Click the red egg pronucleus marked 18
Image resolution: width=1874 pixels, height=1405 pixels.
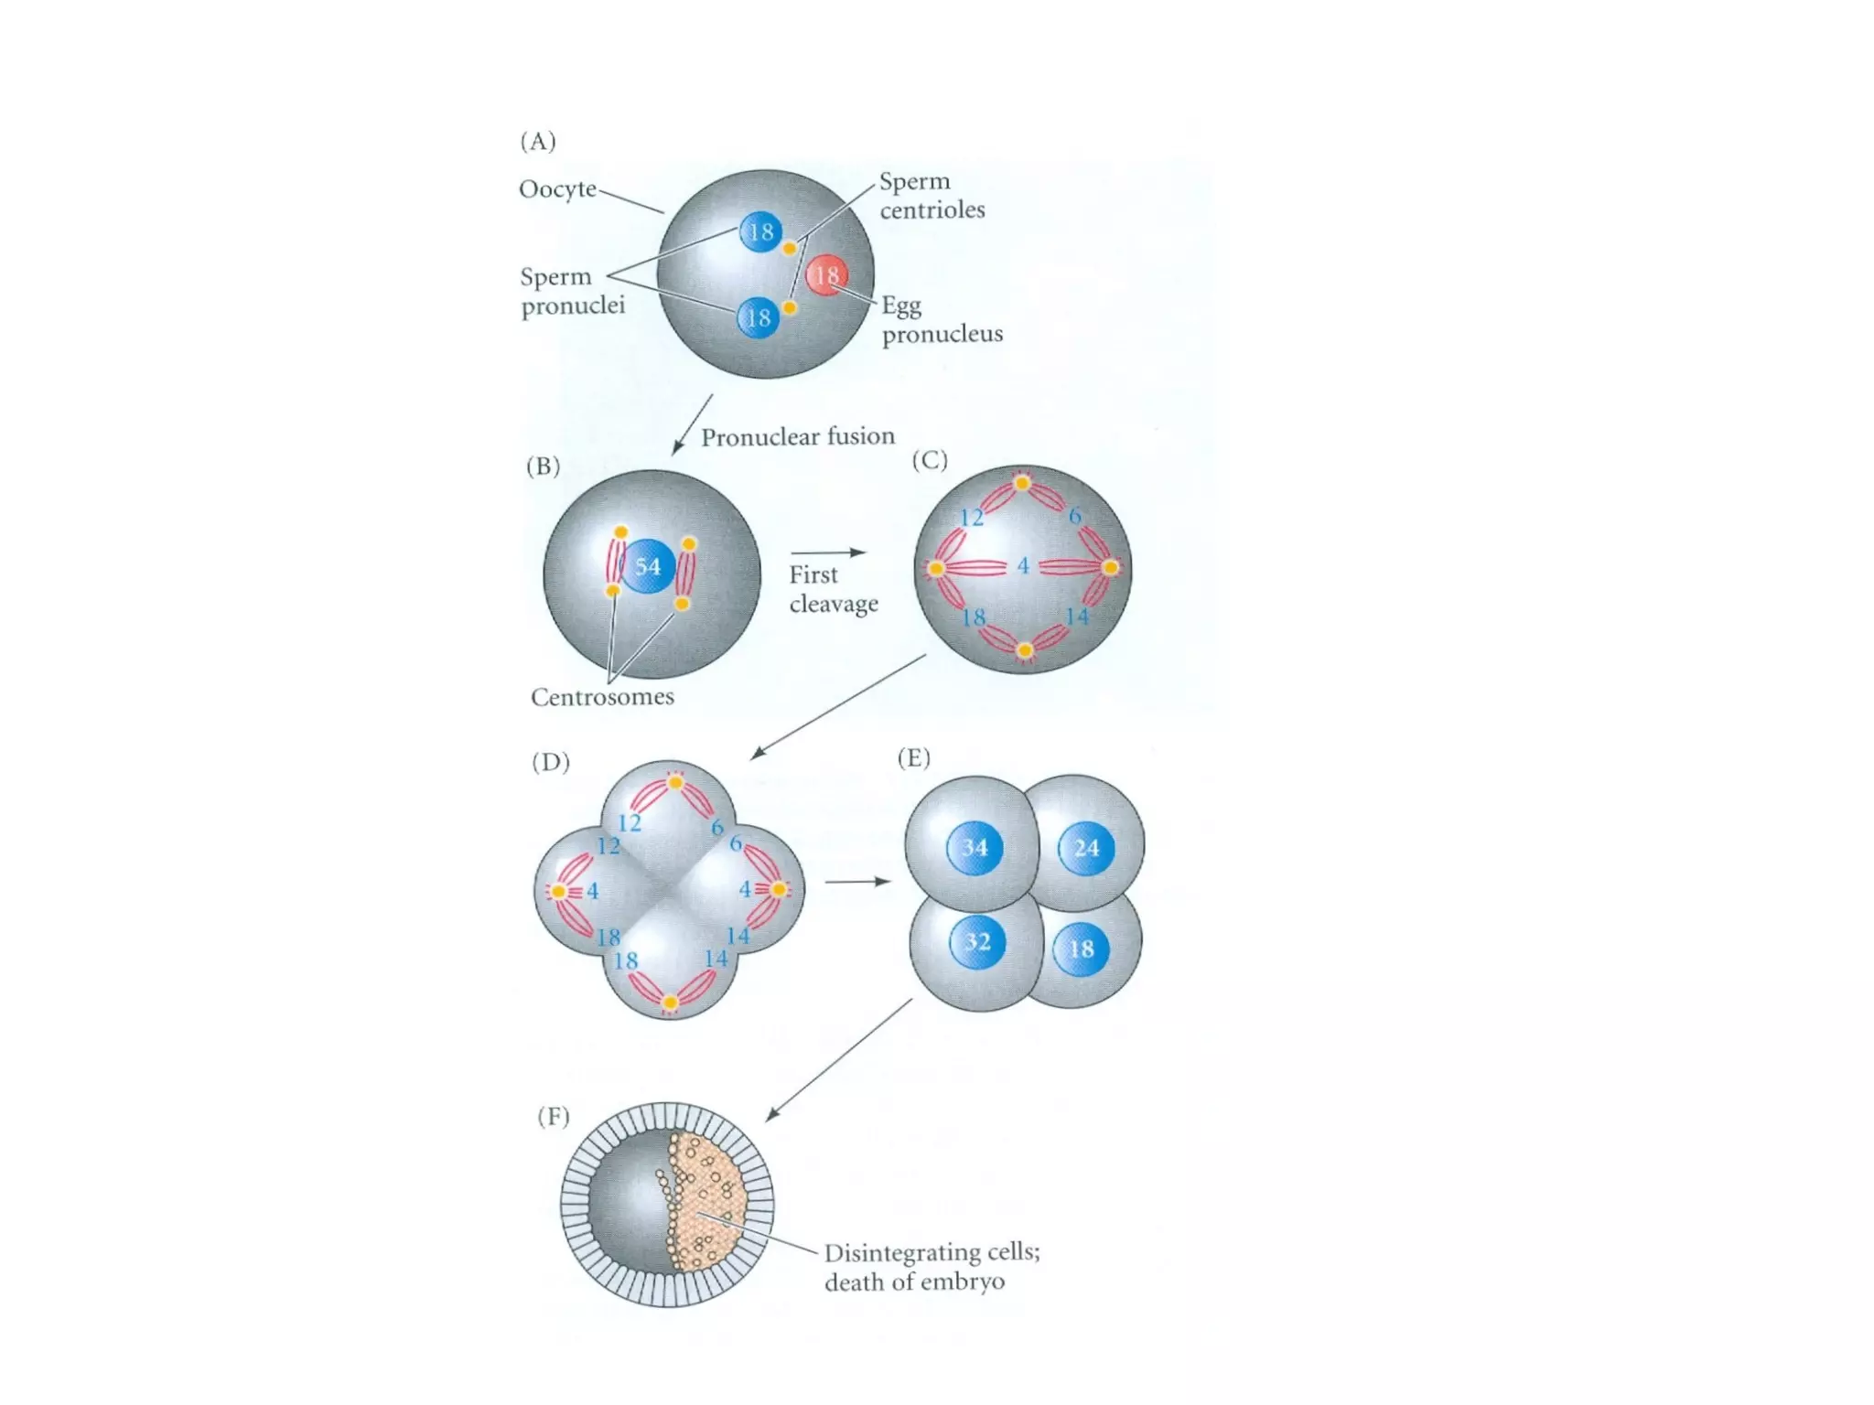click(826, 275)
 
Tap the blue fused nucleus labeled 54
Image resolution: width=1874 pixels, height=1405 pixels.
click(648, 566)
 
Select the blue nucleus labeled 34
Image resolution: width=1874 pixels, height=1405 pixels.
click(975, 848)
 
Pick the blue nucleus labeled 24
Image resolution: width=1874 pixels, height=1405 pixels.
click(1086, 848)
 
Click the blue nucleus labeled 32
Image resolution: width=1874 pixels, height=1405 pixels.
click(977, 942)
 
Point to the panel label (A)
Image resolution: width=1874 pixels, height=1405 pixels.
click(538, 142)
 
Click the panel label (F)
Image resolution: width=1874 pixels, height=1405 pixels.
click(554, 1116)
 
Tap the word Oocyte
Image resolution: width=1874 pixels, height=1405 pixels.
click(557, 189)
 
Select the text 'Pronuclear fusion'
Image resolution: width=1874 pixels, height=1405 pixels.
click(798, 437)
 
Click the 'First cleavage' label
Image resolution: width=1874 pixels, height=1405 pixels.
click(833, 589)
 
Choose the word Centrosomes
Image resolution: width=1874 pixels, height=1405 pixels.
click(602, 697)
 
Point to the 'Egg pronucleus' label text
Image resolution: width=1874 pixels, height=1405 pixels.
click(942, 319)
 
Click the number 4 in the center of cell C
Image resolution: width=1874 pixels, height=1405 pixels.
click(1023, 566)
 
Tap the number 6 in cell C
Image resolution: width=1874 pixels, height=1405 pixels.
click(1075, 516)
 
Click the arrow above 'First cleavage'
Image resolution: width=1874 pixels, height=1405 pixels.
click(828, 552)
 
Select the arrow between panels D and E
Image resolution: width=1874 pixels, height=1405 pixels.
click(857, 882)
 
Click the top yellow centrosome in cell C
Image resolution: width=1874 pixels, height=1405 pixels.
click(1022, 483)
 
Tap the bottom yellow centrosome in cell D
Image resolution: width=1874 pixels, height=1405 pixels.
click(670, 1003)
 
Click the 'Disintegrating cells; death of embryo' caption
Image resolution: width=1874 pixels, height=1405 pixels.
click(932, 1266)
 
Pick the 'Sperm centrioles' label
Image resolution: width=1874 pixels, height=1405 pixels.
click(932, 196)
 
